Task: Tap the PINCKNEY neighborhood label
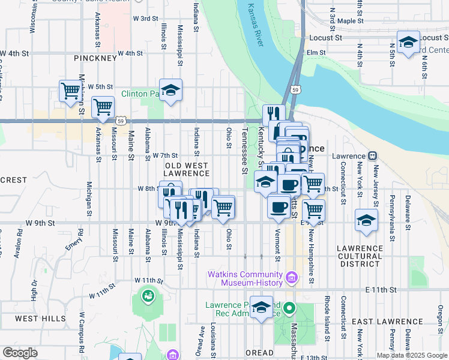95,58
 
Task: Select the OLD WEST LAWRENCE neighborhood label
187,169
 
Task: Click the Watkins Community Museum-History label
244,278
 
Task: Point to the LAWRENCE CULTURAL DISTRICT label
360,256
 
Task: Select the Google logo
19,353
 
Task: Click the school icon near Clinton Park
170,90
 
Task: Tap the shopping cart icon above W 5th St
71,91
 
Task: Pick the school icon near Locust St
408,42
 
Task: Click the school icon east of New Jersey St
366,219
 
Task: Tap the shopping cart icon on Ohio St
223,208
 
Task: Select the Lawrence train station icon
372,155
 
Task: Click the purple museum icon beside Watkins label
292,277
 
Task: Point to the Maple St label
351,21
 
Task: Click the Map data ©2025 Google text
411,355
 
